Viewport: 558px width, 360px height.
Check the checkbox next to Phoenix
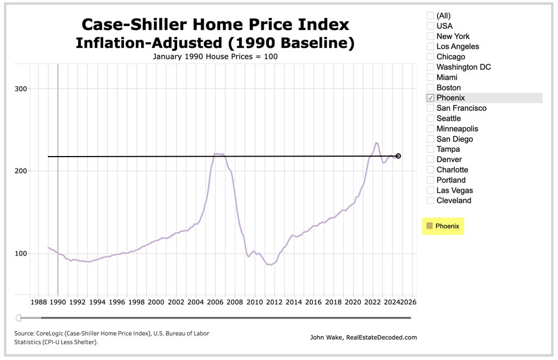(x=430, y=98)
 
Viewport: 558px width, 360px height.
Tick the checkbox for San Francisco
(x=430, y=108)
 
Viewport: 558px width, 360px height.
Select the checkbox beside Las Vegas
(x=430, y=190)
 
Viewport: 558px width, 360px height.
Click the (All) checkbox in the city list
(x=430, y=16)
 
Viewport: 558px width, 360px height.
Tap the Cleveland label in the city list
(x=454, y=201)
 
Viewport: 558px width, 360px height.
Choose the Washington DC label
(x=463, y=67)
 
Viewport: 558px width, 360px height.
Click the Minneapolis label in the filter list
(x=457, y=129)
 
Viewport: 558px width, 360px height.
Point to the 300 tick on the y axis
(x=21, y=89)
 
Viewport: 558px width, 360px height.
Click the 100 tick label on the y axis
(x=21, y=253)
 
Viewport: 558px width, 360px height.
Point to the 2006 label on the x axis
(x=215, y=302)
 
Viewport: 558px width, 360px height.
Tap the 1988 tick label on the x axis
(x=38, y=302)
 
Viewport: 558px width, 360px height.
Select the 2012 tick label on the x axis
(x=274, y=302)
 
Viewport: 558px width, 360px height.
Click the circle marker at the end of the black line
(x=398, y=156)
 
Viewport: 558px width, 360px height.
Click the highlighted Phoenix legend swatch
(x=430, y=226)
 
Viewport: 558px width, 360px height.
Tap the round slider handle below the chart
(x=18, y=318)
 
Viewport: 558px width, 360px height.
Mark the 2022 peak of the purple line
(x=376, y=142)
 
